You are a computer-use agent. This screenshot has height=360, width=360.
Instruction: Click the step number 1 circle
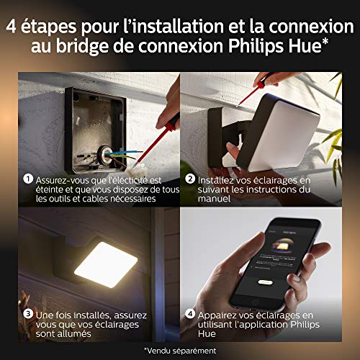tap(26, 179)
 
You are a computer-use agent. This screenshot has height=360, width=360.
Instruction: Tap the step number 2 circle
tap(190, 179)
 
